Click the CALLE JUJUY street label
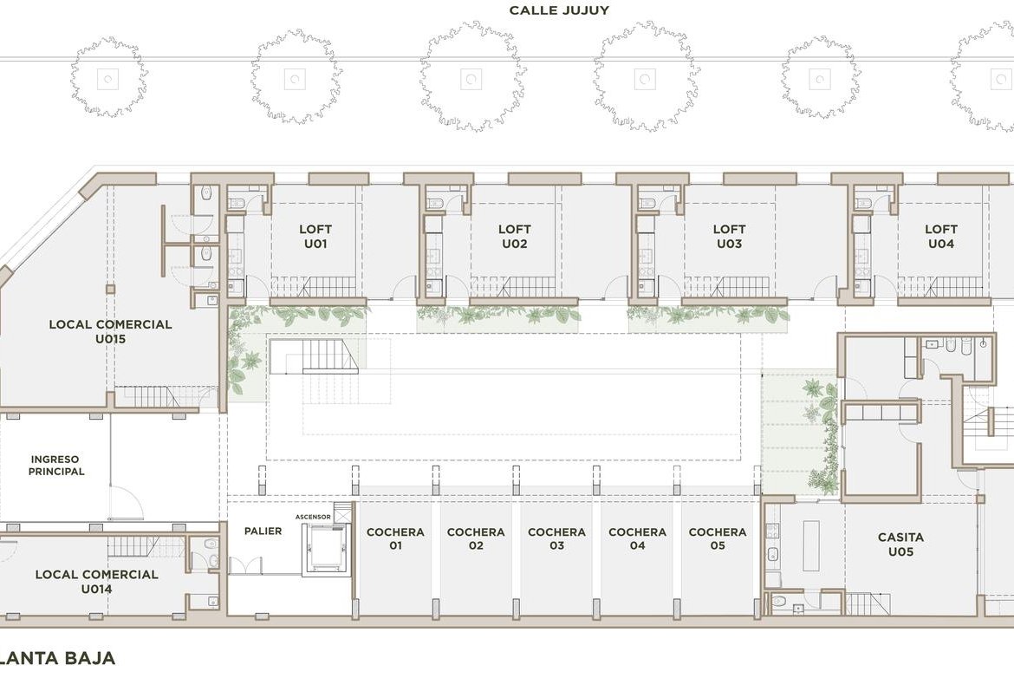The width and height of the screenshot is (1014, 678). tap(559, 10)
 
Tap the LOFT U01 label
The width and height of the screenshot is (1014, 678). tap(315, 236)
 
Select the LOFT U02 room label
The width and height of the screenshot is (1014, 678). tap(515, 236)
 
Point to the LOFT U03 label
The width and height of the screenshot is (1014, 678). tap(730, 236)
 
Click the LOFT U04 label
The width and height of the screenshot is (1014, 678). tap(941, 236)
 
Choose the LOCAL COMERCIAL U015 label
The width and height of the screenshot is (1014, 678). tap(111, 331)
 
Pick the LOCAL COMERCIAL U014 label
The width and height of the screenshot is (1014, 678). tap(96, 581)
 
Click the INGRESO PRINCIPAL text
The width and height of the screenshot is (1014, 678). tap(56, 466)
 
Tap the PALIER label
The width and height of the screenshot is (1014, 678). tap(263, 531)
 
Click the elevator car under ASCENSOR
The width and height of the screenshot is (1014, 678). tap(328, 549)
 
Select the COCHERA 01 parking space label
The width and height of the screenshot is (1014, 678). tap(395, 538)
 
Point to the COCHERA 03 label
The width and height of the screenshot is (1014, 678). tap(556, 538)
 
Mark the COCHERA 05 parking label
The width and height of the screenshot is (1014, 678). tap(718, 538)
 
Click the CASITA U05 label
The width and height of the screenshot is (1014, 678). tap(900, 544)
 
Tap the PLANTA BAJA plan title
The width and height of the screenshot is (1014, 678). tap(57, 658)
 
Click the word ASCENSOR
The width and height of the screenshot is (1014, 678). tap(313, 517)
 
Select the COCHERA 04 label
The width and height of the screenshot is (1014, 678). tap(638, 538)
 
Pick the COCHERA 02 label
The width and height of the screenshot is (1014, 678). tap(476, 538)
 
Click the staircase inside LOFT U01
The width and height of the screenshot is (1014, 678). tap(314, 287)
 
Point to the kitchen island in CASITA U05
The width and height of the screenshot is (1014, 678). tap(811, 545)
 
